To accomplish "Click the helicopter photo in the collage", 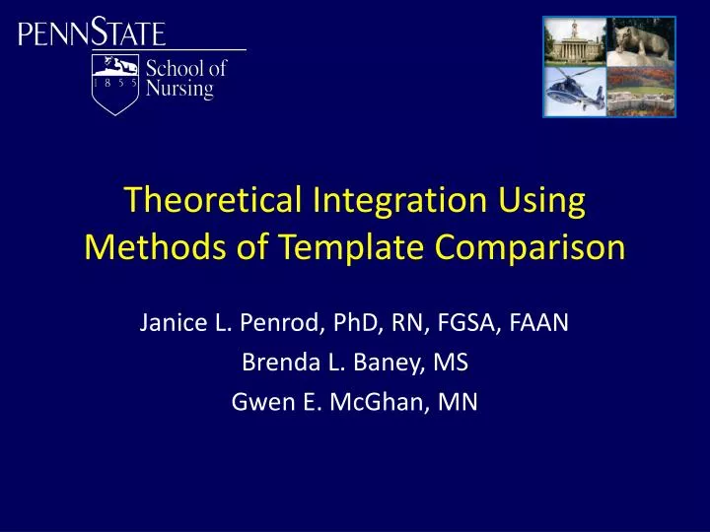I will [x=574, y=91].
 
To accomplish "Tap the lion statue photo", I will [x=640, y=42].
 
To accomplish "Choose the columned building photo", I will [x=574, y=42].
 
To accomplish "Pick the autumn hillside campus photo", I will [x=640, y=91].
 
